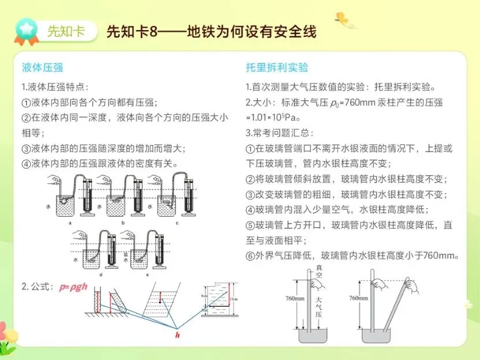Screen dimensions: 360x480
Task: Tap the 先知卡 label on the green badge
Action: (65, 31)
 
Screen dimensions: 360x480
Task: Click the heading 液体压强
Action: (42, 68)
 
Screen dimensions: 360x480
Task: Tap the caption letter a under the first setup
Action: (70, 222)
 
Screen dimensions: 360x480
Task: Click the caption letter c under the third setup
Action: (177, 222)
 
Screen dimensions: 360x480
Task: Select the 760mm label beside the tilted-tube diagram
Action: (359, 298)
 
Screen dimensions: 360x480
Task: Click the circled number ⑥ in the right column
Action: (250, 254)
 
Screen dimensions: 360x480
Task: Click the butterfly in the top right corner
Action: (342, 20)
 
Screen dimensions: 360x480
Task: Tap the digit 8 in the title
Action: (152, 31)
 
